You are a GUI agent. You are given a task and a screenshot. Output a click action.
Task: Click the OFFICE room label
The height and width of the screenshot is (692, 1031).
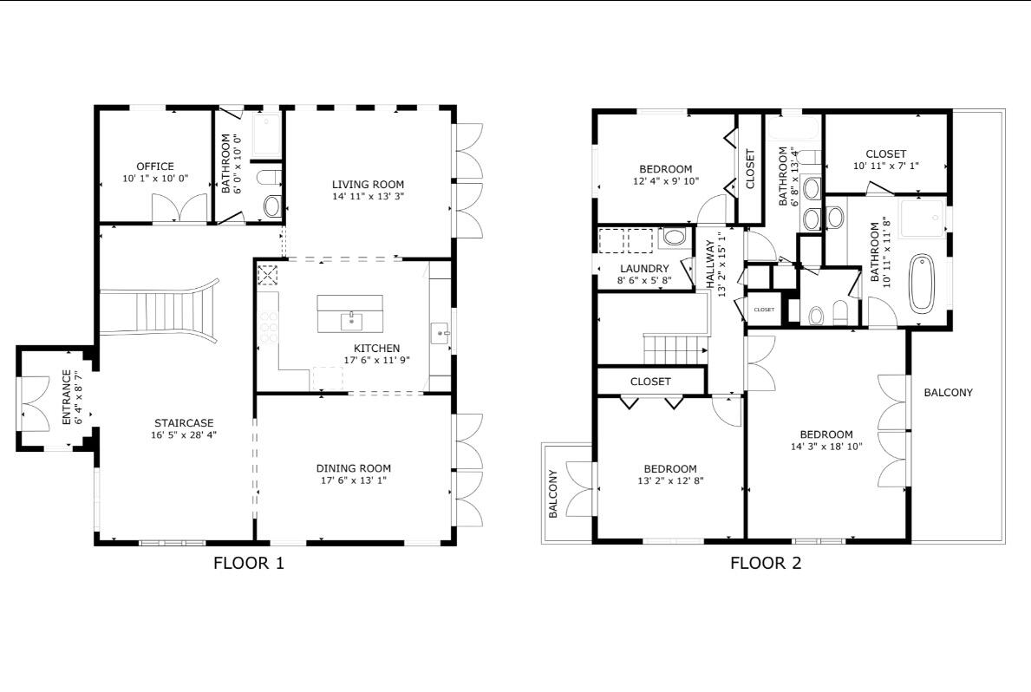(155, 166)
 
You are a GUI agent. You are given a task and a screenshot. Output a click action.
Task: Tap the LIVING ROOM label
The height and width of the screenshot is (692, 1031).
(368, 184)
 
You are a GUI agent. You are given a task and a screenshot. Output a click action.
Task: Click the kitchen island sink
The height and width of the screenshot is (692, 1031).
(351, 318)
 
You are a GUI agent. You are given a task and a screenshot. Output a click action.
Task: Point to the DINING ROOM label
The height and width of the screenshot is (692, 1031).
(353, 468)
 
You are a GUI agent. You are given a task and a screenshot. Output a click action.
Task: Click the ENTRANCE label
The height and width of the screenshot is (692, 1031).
(66, 398)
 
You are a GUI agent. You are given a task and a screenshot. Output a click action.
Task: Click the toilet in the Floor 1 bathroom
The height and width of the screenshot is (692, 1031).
(272, 206)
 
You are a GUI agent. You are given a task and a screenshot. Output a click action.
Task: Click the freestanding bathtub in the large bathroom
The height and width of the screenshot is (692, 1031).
(921, 284)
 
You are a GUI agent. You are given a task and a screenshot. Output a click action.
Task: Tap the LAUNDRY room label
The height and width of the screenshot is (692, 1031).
(644, 269)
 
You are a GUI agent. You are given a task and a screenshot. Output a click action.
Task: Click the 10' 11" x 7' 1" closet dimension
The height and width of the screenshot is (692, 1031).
(885, 166)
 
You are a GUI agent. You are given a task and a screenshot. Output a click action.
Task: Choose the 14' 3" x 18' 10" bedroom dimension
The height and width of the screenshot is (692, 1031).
(825, 447)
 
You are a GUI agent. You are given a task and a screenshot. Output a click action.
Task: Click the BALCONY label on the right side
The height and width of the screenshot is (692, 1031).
(948, 393)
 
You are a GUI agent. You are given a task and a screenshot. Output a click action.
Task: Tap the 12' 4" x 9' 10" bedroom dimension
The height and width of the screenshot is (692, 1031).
(665, 181)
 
